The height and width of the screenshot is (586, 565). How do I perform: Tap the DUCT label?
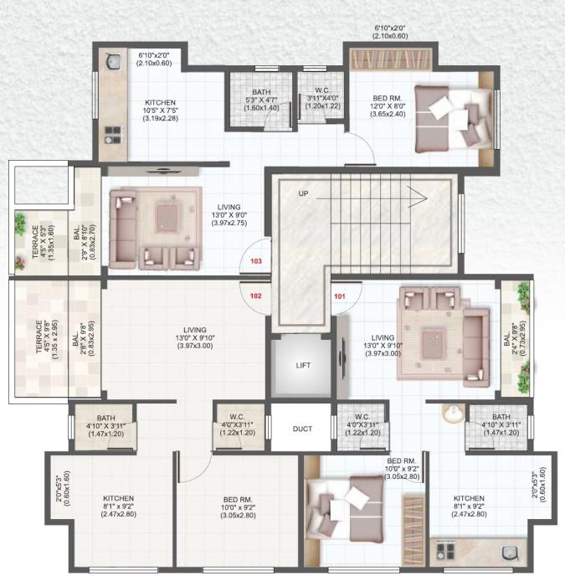302,429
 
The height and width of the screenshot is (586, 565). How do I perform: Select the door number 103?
256,261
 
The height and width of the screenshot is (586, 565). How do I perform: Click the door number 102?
255,296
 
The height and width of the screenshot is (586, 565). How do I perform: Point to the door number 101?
340,296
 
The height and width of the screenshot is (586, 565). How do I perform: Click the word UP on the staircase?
304,193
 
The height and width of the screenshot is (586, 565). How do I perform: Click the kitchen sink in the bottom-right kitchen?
508,553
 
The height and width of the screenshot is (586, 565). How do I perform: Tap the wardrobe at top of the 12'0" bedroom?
391,60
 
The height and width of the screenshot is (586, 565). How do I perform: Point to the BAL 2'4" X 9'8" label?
511,347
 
